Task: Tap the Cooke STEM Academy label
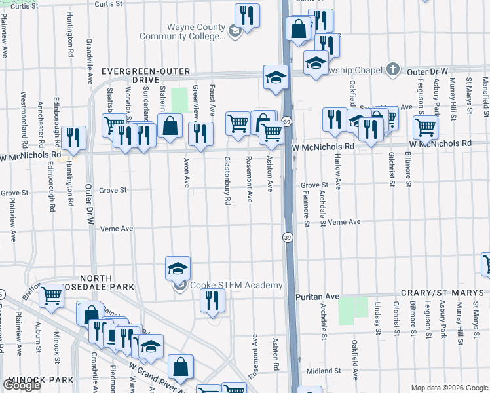(x=235, y=285)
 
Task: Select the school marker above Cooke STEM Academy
(x=178, y=268)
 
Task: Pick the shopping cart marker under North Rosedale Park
(x=51, y=295)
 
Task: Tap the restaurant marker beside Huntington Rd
(x=73, y=137)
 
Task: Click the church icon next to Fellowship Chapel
(x=392, y=69)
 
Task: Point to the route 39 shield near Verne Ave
(x=288, y=236)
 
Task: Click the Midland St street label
(x=320, y=371)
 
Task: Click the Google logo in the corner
(x=22, y=385)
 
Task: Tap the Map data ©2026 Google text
(x=449, y=388)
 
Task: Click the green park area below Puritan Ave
(x=354, y=310)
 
